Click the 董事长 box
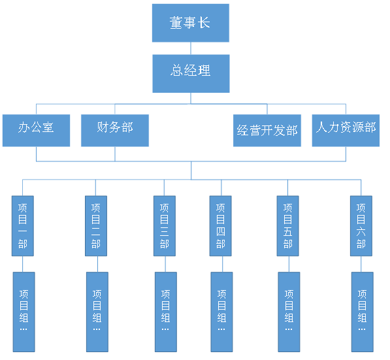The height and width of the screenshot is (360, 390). point(191,23)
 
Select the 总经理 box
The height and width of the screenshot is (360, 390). point(191,74)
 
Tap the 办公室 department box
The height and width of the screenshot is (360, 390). point(37,131)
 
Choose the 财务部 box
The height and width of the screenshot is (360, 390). point(115,131)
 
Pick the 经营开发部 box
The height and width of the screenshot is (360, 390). point(267,131)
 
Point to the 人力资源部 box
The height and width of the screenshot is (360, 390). point(346,131)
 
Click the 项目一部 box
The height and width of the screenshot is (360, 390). point(23,226)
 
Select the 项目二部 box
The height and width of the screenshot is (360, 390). point(96,226)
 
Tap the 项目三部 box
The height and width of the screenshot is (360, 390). point(165,226)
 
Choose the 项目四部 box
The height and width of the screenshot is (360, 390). point(221,226)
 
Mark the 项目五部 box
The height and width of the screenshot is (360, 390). point(288,226)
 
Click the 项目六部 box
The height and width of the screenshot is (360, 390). point(361,226)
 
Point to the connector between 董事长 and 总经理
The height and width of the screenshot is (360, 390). point(191,48)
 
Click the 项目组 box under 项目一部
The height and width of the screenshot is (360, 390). point(24,312)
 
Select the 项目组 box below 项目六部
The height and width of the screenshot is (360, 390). point(363,312)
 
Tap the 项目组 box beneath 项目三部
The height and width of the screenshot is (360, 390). point(166,312)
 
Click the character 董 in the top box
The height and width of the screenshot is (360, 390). point(176,23)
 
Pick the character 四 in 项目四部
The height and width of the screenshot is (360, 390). point(221,232)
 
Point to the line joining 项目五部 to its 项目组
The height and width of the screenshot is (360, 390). point(289,264)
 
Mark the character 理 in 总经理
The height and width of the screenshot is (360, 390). point(204,71)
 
